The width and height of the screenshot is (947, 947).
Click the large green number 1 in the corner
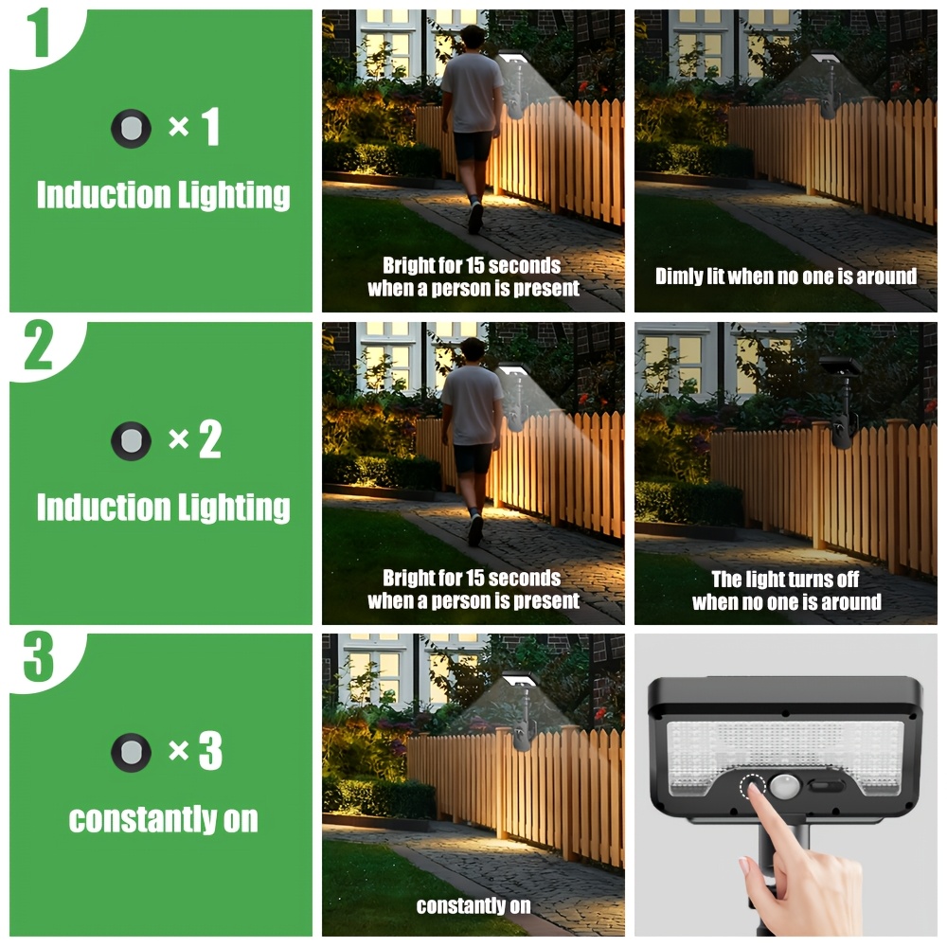39,32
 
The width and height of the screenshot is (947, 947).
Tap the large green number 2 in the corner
39,345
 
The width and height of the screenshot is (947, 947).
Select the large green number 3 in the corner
39,657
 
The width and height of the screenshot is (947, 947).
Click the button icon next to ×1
131,128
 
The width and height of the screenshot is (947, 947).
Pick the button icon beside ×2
131,441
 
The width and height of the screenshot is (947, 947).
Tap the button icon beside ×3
131,753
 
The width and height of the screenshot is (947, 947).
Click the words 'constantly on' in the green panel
163,819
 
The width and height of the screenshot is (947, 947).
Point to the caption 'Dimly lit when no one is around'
786,277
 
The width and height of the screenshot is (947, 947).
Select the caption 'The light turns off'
785,580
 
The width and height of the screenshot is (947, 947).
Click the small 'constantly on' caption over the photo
473,906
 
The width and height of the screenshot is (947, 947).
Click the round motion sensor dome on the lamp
784,787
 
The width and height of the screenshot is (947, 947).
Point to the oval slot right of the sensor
828,786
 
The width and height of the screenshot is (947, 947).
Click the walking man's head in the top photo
473,39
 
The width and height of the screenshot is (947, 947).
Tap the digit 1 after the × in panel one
210,127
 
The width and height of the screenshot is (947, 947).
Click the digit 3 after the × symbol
210,751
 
